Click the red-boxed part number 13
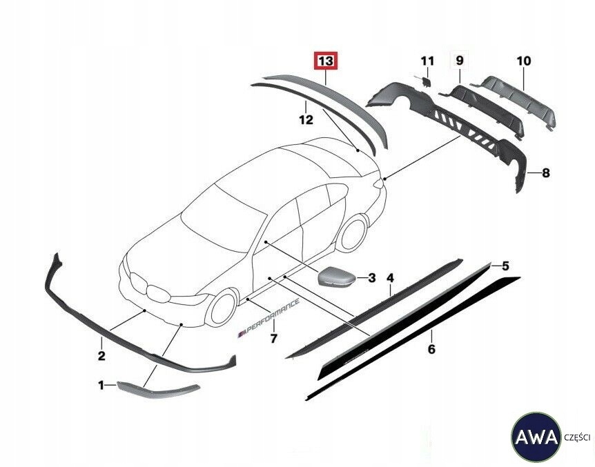(x=326, y=61)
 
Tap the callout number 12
(x=306, y=119)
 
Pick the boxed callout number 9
(x=460, y=61)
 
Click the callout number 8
(x=545, y=173)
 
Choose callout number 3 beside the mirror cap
(x=371, y=278)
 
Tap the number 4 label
(x=390, y=278)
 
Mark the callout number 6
(x=431, y=349)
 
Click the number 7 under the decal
(x=273, y=339)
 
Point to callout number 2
(x=101, y=356)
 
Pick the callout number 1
(x=101, y=386)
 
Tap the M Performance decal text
(x=269, y=319)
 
